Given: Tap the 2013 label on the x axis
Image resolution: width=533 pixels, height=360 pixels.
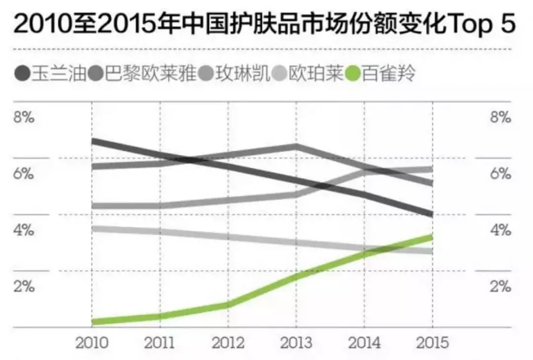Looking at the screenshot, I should click(296, 343).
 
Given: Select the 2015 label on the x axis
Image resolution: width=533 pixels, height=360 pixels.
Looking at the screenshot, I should click(432, 343).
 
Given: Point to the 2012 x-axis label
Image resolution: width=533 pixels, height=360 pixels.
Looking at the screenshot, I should click(228, 343).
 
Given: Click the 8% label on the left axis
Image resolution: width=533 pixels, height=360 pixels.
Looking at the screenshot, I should click(23, 118).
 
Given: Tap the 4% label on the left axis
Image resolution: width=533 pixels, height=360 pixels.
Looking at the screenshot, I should click(23, 230).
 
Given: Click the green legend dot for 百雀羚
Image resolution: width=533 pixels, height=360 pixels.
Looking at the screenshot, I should click(354, 75).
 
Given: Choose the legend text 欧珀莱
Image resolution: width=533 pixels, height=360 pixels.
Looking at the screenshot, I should click(316, 75).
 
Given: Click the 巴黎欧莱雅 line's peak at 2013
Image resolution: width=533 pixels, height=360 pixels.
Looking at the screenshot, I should click(296, 146).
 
